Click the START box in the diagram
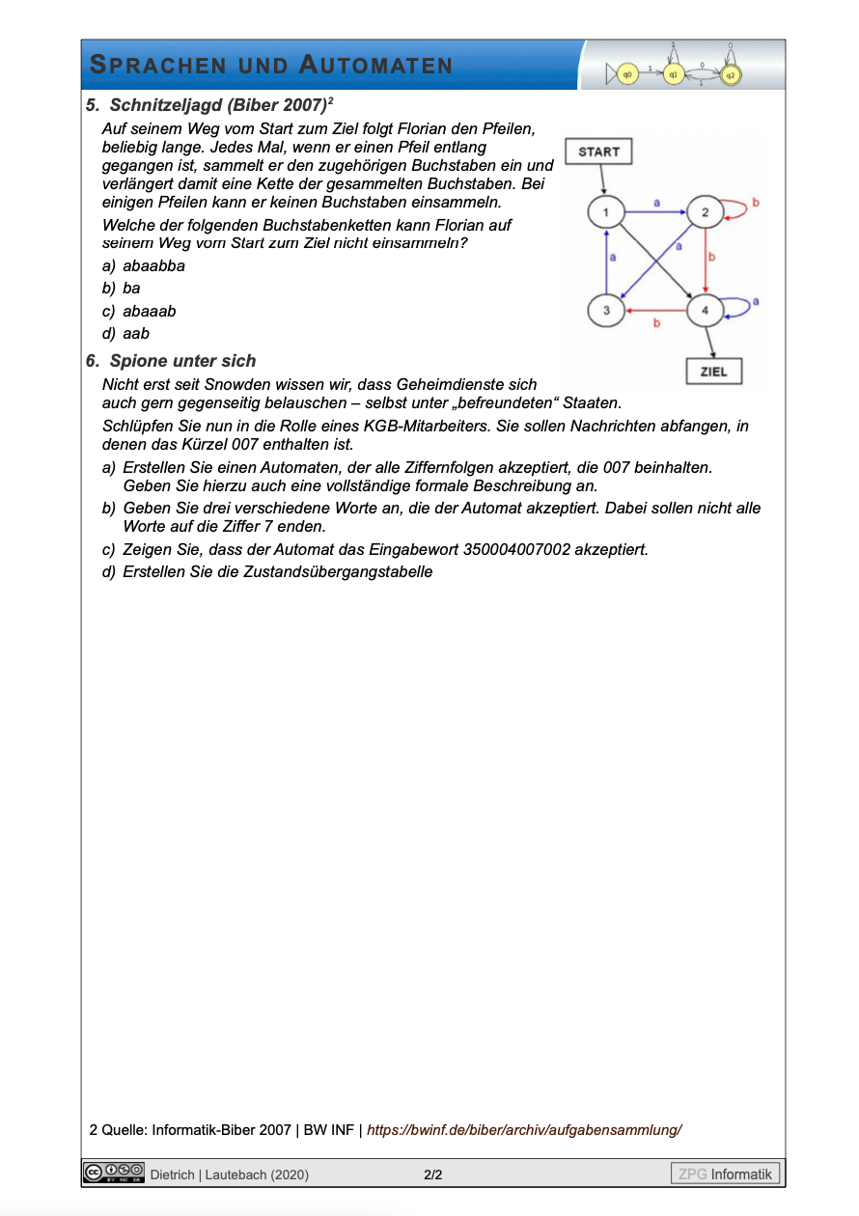pos(598,152)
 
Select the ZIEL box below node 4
pos(713,372)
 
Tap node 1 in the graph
pos(605,212)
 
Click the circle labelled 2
pos(706,212)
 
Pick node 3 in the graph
pos(605,311)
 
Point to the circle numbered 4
pos(706,311)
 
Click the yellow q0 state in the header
pos(626,72)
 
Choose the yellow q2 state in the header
pos(731,73)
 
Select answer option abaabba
pos(153,265)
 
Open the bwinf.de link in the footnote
pos(524,1129)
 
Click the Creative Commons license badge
pos(114,1173)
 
